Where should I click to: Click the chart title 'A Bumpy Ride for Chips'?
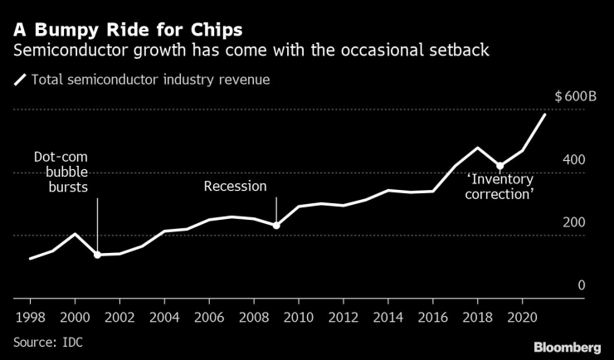tap(127, 30)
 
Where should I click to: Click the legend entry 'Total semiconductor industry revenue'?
tap(149, 80)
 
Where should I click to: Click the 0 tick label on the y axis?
tap(582, 285)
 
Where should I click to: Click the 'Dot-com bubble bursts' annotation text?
tap(60, 172)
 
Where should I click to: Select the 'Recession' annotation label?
tap(236, 187)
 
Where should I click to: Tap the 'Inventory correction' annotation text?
tap(499, 186)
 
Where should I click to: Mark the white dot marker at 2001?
tap(97, 255)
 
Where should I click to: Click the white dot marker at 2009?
tap(276, 225)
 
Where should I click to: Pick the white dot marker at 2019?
tap(499, 166)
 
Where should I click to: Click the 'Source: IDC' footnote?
tap(48, 342)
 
